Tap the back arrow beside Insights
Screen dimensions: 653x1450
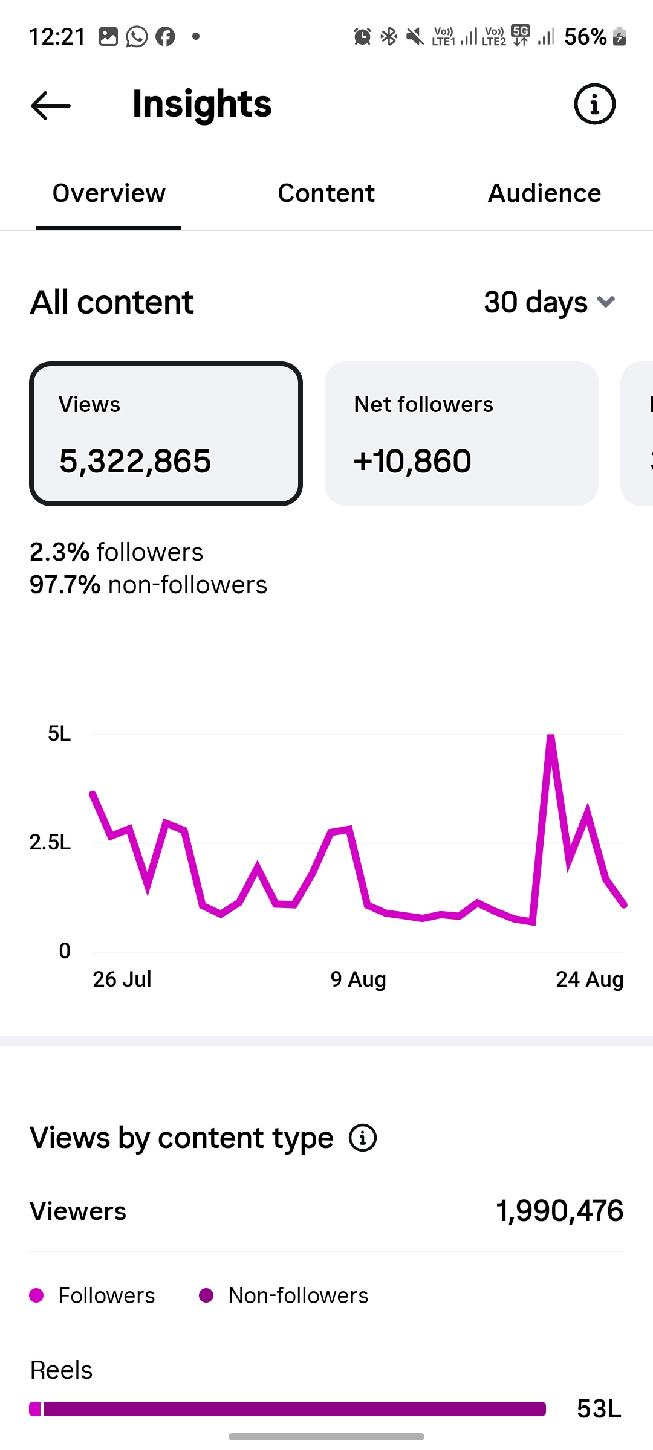click(x=51, y=105)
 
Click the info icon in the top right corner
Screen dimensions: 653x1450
click(x=594, y=104)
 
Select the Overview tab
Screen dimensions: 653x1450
click(x=109, y=193)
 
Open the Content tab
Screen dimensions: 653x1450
click(x=326, y=193)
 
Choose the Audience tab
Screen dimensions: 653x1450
click(x=544, y=193)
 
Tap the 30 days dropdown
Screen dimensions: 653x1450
click(x=550, y=302)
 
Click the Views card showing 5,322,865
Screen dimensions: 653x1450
click(x=166, y=434)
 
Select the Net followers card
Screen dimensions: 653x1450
click(x=461, y=434)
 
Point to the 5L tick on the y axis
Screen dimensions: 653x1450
click(x=59, y=734)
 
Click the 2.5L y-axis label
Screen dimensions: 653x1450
click(x=50, y=842)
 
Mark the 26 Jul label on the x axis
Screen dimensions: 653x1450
click(x=122, y=979)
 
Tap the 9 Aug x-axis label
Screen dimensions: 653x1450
click(x=358, y=979)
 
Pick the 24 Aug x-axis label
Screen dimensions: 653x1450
click(x=590, y=979)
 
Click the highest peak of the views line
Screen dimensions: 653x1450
click(x=551, y=736)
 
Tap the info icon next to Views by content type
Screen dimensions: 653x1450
click(x=363, y=1138)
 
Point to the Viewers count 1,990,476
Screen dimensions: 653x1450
click(x=560, y=1211)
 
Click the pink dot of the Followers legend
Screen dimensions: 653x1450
click(x=36, y=1295)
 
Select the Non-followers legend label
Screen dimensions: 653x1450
click(x=298, y=1296)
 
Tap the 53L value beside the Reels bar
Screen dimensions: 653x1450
click(x=599, y=1409)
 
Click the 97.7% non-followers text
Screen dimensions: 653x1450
click(x=148, y=585)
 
